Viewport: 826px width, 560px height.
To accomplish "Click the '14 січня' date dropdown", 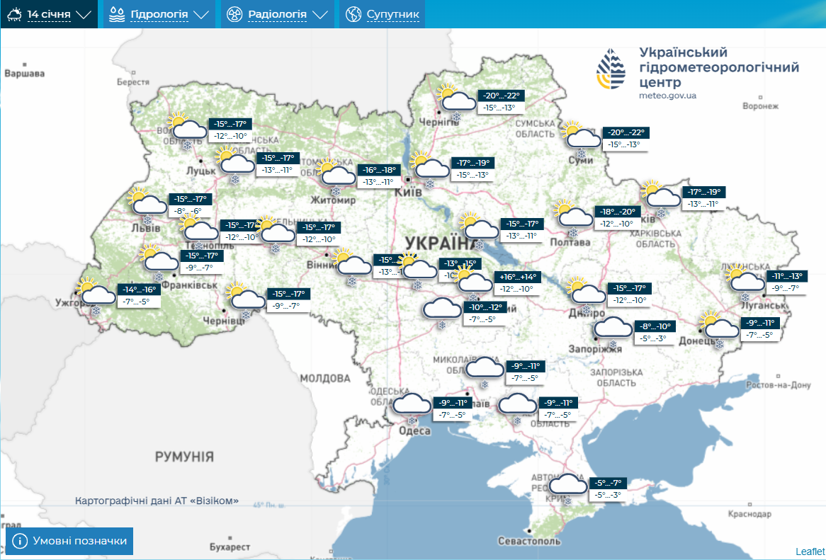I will (50, 14).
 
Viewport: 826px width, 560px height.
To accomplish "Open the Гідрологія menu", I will (158, 14).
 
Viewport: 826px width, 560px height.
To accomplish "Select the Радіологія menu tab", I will (277, 14).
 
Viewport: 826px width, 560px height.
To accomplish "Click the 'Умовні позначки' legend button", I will (69, 541).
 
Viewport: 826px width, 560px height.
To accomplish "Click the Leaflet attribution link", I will (810, 552).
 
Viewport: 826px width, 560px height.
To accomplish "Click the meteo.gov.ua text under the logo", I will (667, 96).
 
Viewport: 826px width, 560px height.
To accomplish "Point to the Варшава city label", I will (24, 74).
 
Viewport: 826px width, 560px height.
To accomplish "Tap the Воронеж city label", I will (760, 106).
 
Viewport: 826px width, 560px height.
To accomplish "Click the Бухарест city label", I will (230, 547).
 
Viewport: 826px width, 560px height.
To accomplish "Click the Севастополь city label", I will (529, 542).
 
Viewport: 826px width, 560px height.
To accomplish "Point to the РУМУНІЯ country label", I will (184, 457).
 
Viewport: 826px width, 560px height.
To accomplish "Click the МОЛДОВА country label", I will (325, 378).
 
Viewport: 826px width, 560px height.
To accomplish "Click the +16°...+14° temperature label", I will (519, 277).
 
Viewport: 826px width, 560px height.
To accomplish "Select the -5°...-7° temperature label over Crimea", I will (608, 484).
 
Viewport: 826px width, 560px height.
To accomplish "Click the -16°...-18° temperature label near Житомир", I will (380, 170).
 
